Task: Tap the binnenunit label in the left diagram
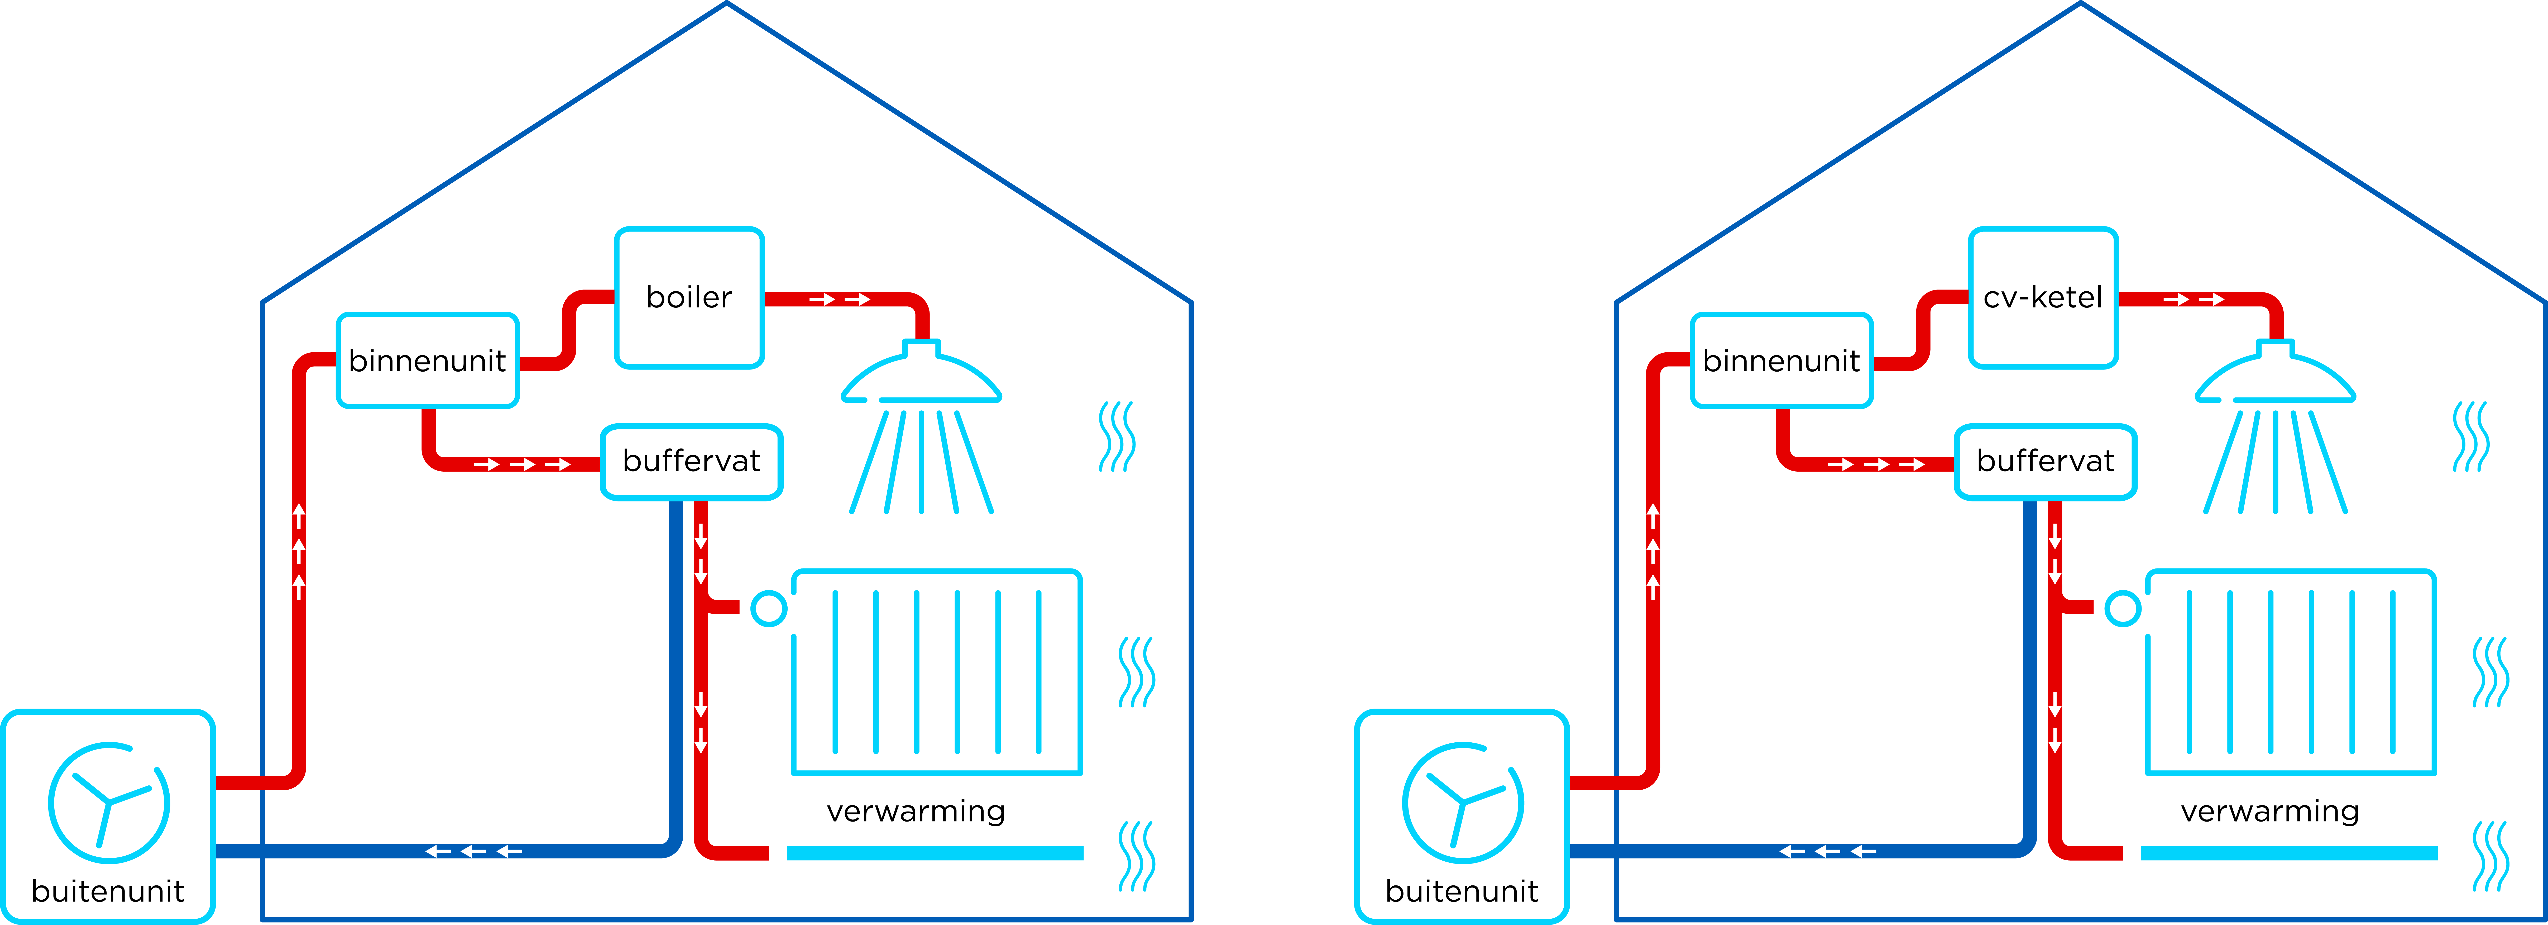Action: click(427, 361)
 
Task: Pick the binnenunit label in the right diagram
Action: click(1781, 361)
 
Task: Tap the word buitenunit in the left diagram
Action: click(108, 891)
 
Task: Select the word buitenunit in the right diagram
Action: click(1462, 891)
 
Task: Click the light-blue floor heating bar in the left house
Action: click(935, 853)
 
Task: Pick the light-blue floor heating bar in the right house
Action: click(2289, 853)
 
